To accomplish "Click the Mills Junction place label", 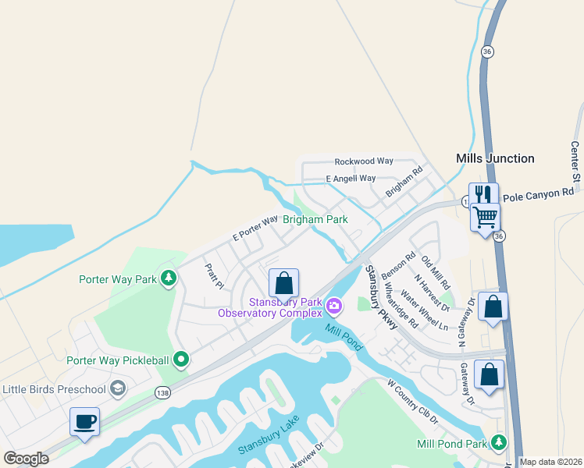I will pos(495,158).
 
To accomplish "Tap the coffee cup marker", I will pos(84,422).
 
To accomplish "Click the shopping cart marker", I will pos(485,216).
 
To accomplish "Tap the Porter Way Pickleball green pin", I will pos(181,360).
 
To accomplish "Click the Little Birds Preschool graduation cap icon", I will pos(118,388).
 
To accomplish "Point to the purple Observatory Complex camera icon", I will pos(334,307).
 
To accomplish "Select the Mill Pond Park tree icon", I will pos(498,443).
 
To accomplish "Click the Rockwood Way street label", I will pos(363,161).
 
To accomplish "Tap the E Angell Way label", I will pos(351,179).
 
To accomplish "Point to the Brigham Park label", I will pos(315,220).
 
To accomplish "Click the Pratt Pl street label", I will pos(215,275).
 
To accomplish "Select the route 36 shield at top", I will pos(487,51).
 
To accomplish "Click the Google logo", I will pos(26,459).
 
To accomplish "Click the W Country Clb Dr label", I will pos(413,402).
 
